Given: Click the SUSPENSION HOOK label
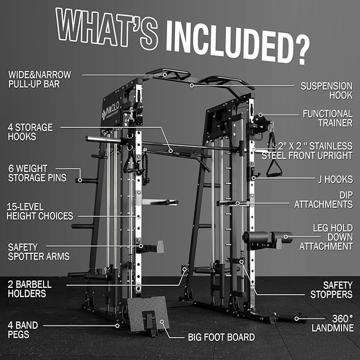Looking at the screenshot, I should pyautogui.click(x=326, y=90).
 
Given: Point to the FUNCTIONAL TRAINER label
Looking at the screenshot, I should pyautogui.click(x=327, y=118).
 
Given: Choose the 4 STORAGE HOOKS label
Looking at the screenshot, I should pyautogui.click(x=30, y=131).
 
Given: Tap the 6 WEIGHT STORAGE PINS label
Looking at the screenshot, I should pyautogui.click(x=37, y=173).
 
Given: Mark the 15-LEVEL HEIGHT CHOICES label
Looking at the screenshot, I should pyautogui.click(x=40, y=211).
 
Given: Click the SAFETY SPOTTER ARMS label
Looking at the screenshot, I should pyautogui.click(x=38, y=252).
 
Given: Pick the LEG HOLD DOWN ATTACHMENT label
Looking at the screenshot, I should pyautogui.click(x=326, y=237).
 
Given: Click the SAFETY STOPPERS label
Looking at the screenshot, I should pyautogui.click(x=330, y=289).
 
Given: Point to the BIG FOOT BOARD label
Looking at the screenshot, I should pyautogui.click(x=221, y=337).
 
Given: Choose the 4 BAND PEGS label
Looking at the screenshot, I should pyautogui.click(x=22, y=329).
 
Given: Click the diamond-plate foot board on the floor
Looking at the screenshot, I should pyautogui.click(x=148, y=312).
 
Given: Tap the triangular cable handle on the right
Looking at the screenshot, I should pyautogui.click(x=274, y=169).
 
